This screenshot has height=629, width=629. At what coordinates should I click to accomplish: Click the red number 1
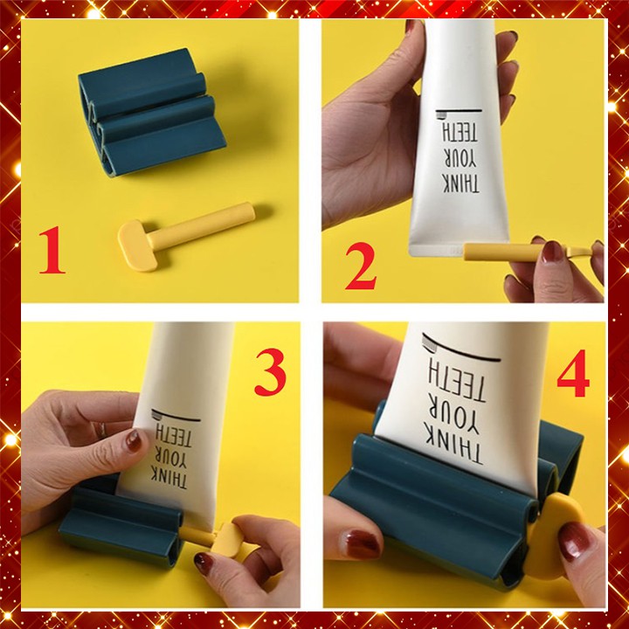(x=52, y=250)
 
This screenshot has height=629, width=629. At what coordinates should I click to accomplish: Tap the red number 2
(x=361, y=266)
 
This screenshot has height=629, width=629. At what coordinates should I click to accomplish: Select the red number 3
(x=270, y=372)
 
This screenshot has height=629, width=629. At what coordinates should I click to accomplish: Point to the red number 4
(x=573, y=373)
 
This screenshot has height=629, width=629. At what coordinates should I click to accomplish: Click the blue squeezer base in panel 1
(x=151, y=113)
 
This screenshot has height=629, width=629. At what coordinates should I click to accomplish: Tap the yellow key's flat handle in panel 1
(x=137, y=245)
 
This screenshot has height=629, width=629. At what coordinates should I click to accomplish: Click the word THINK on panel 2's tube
(x=460, y=183)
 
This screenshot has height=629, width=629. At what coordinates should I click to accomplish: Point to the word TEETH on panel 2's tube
(x=460, y=133)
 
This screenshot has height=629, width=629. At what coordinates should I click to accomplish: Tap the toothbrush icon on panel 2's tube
(x=459, y=114)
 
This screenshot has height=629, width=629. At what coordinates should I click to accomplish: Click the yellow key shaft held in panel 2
(x=503, y=252)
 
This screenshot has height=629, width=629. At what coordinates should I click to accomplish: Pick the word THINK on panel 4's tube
(x=455, y=447)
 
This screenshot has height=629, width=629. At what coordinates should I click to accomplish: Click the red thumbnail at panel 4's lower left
(x=360, y=545)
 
